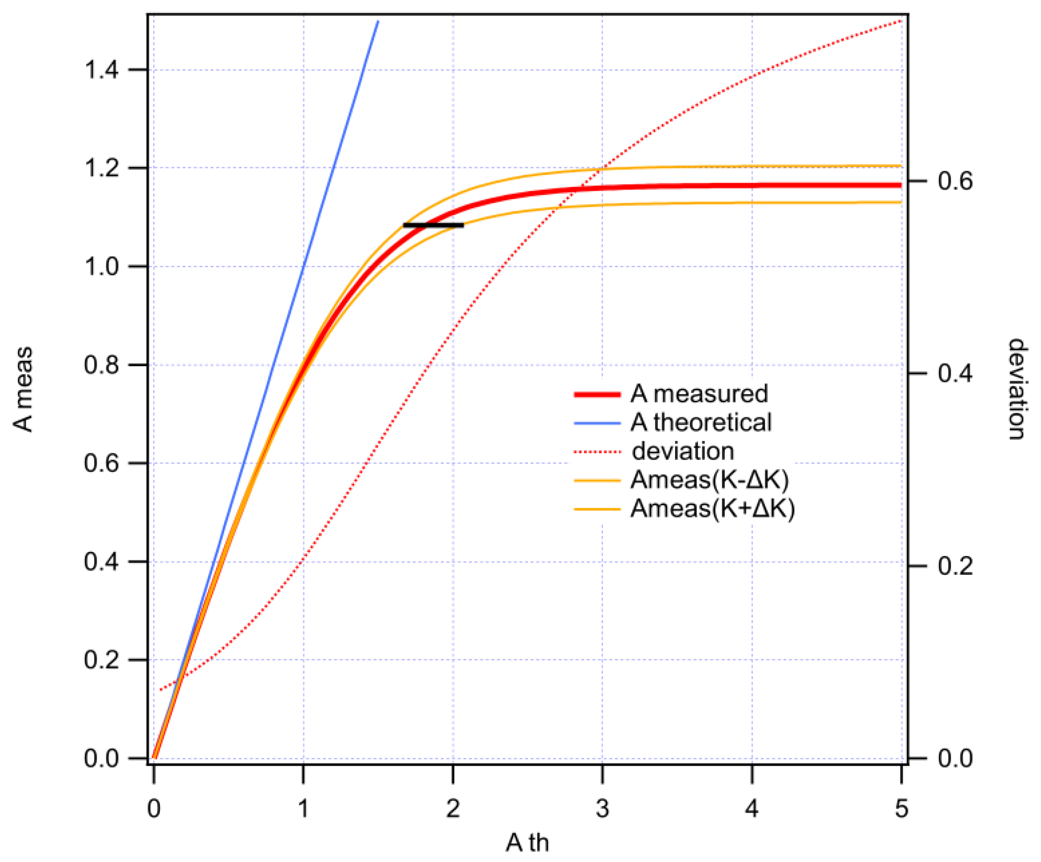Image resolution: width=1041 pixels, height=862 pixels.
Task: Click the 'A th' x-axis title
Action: point(527,843)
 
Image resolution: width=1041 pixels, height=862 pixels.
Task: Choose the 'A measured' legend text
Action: point(699,394)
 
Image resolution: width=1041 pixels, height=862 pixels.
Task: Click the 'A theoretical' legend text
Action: point(701,423)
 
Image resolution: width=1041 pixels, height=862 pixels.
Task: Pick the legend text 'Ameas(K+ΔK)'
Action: point(712,508)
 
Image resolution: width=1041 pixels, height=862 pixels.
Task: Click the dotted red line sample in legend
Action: point(597,452)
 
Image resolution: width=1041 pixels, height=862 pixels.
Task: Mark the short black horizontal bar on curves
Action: point(433,225)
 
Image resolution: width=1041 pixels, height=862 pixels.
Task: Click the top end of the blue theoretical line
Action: point(378,22)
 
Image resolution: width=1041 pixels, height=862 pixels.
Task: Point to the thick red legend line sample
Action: point(597,395)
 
